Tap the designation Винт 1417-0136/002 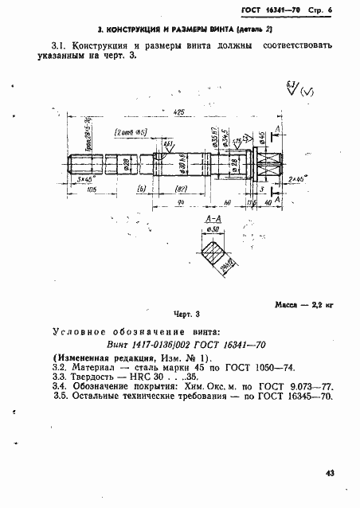coord(143,346)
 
